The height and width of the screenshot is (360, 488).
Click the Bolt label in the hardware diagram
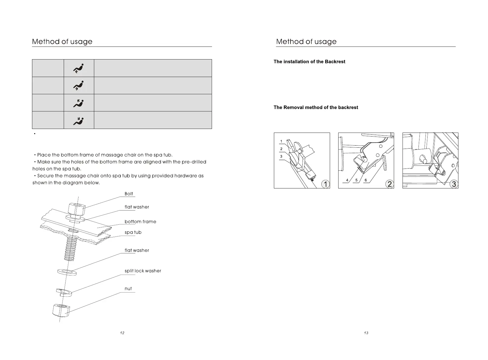(x=129, y=194)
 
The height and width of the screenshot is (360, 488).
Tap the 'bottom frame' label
(x=140, y=222)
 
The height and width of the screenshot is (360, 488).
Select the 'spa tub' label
(x=133, y=233)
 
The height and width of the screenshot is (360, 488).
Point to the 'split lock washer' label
(x=143, y=271)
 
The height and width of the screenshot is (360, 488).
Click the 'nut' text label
(x=128, y=289)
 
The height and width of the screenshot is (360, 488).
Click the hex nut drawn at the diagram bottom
(x=61, y=310)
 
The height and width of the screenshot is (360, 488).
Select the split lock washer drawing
(x=64, y=292)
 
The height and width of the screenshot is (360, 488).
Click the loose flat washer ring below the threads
(x=67, y=272)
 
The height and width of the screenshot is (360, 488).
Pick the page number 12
(x=122, y=333)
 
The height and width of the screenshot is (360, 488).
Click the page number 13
(x=366, y=333)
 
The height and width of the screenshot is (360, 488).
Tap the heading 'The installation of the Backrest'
(x=309, y=62)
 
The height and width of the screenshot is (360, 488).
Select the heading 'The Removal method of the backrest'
(x=316, y=108)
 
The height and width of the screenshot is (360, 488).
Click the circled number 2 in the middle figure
(x=390, y=184)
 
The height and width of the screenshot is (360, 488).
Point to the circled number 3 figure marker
(x=454, y=184)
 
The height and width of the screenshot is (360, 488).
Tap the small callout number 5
(x=356, y=180)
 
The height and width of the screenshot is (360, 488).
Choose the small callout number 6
(x=366, y=180)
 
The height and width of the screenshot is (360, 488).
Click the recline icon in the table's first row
(x=79, y=68)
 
